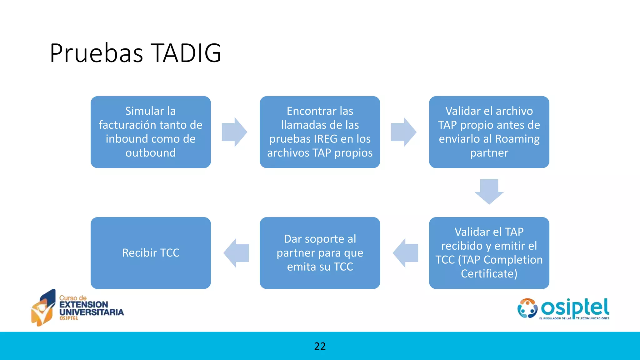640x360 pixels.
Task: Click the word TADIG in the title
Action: (x=186, y=53)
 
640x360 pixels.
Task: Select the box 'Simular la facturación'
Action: (x=151, y=132)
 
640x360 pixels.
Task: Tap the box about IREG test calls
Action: (x=320, y=132)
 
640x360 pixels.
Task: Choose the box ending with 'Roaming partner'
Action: (x=489, y=132)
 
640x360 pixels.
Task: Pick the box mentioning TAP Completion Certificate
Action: (x=489, y=253)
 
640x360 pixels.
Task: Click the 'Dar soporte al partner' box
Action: (x=320, y=253)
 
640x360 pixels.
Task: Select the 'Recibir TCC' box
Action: (x=151, y=253)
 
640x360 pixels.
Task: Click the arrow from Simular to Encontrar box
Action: (x=235, y=132)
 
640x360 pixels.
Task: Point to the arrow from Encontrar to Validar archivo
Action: (x=404, y=132)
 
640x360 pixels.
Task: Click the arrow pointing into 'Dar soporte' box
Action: (x=405, y=253)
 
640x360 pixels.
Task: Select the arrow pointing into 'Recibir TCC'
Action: (x=236, y=253)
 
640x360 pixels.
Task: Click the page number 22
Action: (x=320, y=346)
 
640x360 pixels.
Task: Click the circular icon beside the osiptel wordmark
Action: (x=527, y=308)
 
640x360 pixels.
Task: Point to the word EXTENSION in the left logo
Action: (x=84, y=304)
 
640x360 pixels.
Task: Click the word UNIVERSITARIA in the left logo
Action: (x=92, y=312)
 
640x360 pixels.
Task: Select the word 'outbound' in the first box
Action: (x=151, y=153)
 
